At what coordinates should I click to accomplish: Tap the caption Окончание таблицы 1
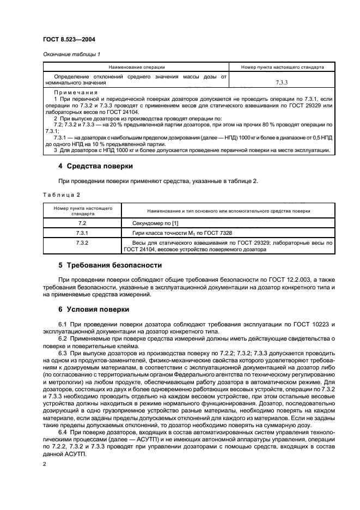71,53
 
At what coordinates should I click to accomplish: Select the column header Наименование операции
136,67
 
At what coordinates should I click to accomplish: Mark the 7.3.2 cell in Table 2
82,242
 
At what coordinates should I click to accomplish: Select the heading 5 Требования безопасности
110,265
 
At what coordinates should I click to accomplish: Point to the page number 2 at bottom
45,463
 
